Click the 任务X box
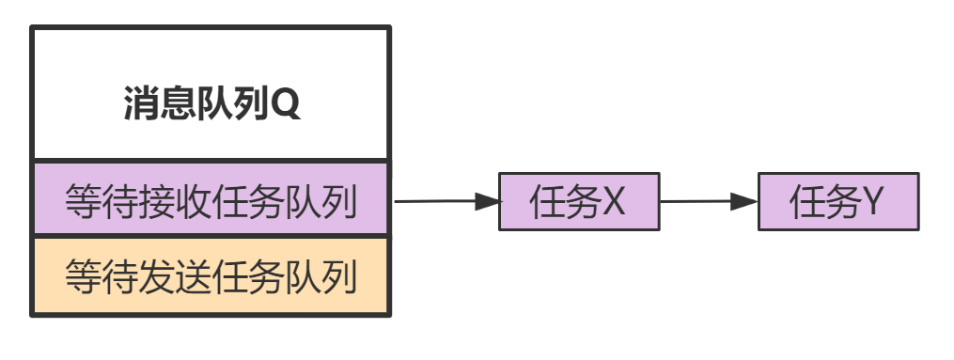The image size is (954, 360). point(579,201)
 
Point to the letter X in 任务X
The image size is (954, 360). point(614,201)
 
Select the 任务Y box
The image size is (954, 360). point(837,201)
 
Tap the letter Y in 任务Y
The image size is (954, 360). point(872,201)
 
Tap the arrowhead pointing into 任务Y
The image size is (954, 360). point(746,201)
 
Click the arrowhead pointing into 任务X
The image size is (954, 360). point(488,201)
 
